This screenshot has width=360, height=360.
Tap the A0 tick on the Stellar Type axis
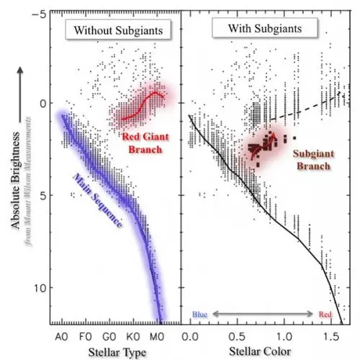[x=63, y=336]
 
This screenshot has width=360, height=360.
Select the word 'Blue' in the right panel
[x=201, y=315]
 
